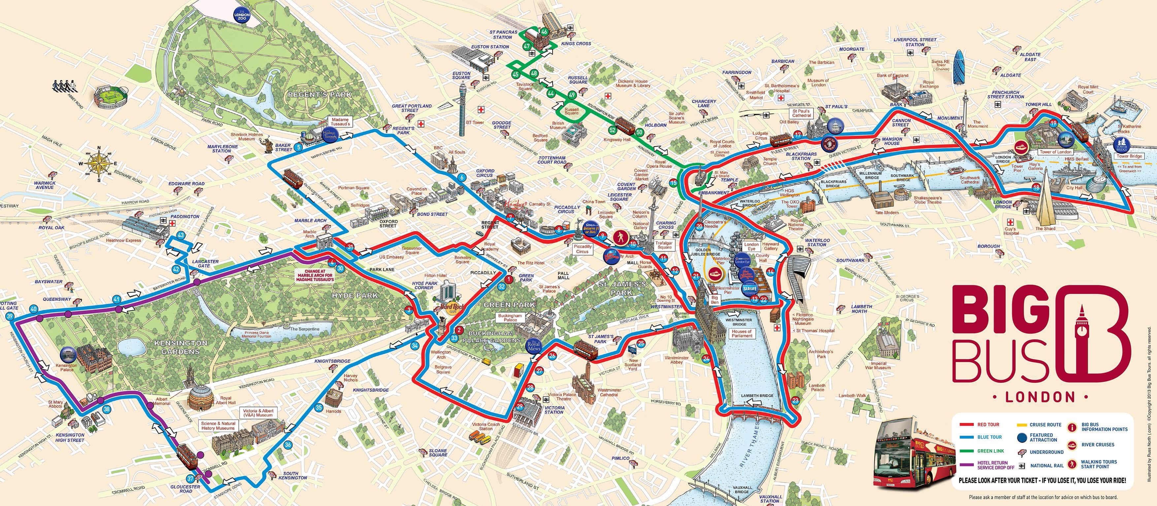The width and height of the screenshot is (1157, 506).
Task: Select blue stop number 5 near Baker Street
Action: [299, 147]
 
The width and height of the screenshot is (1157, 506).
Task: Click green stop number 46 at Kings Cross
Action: [544, 32]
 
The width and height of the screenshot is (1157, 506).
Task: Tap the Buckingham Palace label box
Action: [510, 318]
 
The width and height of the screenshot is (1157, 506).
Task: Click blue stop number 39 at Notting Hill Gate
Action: [10, 316]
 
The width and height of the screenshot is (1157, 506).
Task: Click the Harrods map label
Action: [333, 411]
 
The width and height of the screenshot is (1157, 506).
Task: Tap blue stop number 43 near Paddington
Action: [181, 235]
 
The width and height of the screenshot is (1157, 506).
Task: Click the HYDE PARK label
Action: [354, 295]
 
